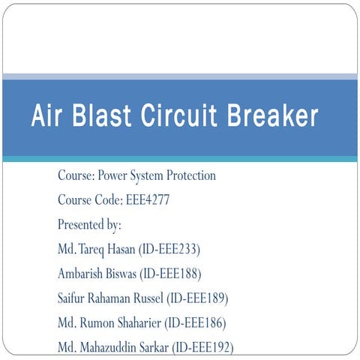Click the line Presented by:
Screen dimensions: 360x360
[89, 224]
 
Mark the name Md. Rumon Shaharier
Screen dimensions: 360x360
[109, 322]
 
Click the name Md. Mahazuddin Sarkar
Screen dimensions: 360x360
[112, 347]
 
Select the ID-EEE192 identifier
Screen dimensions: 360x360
[202, 347]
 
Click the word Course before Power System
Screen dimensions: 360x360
[76, 176]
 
